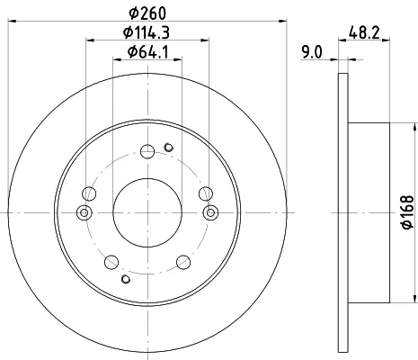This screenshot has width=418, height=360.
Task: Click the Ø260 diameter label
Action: click(147, 13)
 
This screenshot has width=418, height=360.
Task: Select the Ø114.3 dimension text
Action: click(147, 32)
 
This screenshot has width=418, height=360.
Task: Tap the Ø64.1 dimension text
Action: click(147, 52)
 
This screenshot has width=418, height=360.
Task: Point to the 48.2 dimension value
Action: click(364, 32)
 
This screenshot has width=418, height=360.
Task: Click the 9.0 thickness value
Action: click(312, 52)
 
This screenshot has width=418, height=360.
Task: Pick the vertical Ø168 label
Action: click(407, 212)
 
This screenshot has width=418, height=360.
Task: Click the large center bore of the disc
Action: click(147, 212)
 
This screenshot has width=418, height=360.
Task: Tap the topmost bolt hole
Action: click(147, 151)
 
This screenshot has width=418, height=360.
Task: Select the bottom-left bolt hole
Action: click(111, 262)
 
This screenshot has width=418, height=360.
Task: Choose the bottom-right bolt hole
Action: click(183, 262)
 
